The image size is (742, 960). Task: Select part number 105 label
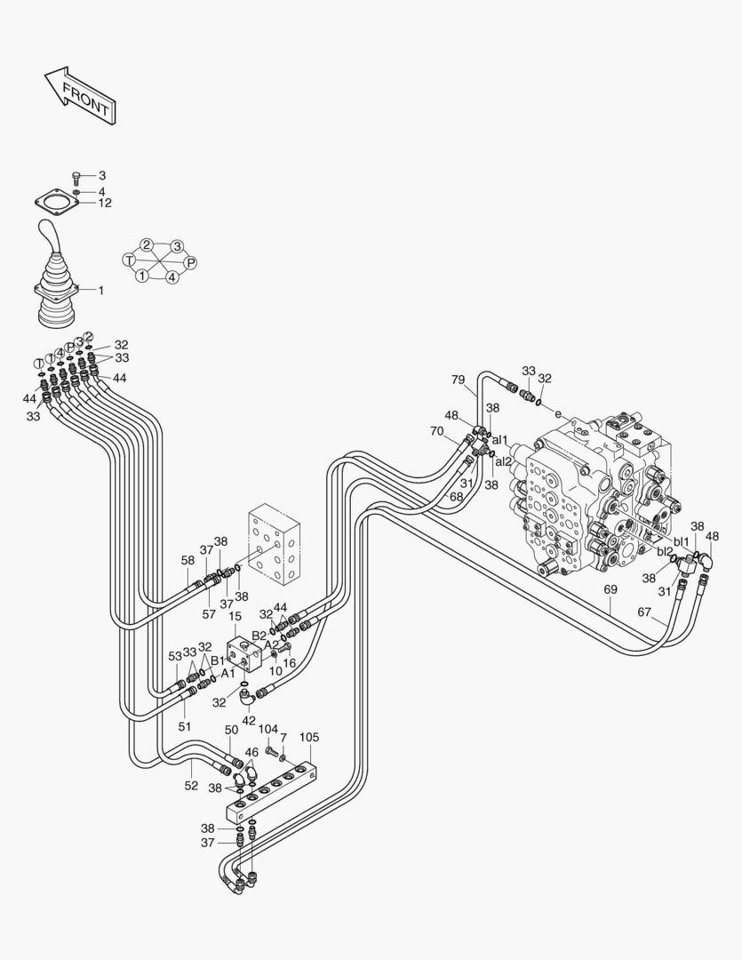click(x=309, y=737)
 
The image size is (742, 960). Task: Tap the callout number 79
click(x=458, y=380)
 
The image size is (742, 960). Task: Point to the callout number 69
click(x=610, y=589)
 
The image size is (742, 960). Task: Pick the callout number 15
click(x=235, y=616)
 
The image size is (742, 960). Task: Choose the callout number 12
click(x=105, y=203)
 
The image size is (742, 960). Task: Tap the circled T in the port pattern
click(x=130, y=260)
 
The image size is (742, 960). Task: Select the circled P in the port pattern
click(x=190, y=262)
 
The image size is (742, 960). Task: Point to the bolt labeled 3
click(x=76, y=176)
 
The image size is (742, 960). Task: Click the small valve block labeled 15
click(x=243, y=653)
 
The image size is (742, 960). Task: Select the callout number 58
click(x=187, y=560)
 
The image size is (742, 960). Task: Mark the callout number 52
click(x=192, y=786)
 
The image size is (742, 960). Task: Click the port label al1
click(x=500, y=440)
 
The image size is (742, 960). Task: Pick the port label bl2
click(x=665, y=552)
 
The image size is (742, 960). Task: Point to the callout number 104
click(x=268, y=729)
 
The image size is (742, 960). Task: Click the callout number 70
click(x=436, y=431)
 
